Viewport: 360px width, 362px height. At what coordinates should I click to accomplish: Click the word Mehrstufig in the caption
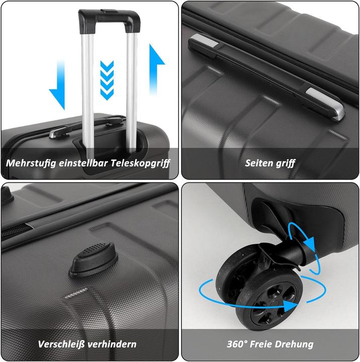(30, 163)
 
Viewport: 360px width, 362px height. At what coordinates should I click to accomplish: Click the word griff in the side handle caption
(286, 163)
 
